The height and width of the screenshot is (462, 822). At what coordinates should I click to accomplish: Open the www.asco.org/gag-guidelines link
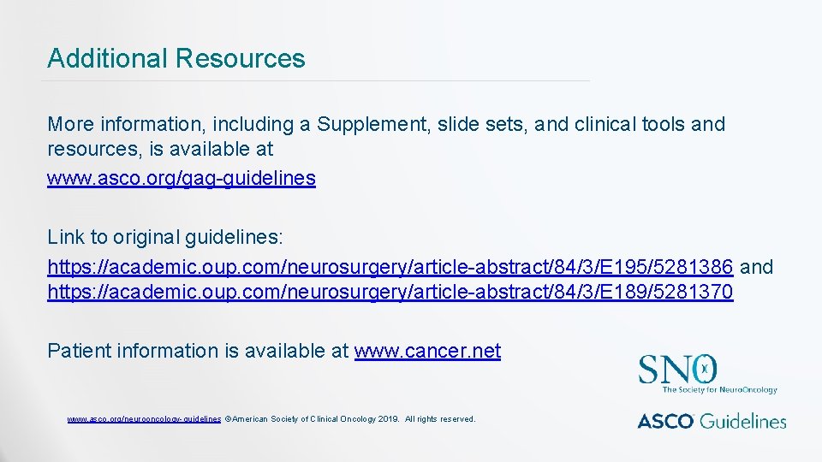[182, 178]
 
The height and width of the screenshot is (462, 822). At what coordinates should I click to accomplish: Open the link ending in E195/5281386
[390, 267]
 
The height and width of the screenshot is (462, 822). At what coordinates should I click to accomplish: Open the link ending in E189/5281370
[390, 292]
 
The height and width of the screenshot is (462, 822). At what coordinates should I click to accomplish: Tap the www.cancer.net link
[427, 351]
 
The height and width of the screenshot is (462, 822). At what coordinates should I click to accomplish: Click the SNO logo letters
[677, 370]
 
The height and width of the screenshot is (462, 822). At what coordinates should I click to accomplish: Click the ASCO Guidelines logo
[712, 420]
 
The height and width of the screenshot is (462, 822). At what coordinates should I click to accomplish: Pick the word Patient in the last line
[79, 351]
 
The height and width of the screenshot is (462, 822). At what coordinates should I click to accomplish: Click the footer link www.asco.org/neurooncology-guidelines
[145, 419]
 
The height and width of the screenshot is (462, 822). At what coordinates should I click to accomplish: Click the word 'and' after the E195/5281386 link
[756, 267]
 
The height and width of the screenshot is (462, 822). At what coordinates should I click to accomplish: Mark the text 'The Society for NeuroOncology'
[720, 390]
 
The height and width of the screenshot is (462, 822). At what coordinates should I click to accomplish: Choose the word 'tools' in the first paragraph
[664, 124]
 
